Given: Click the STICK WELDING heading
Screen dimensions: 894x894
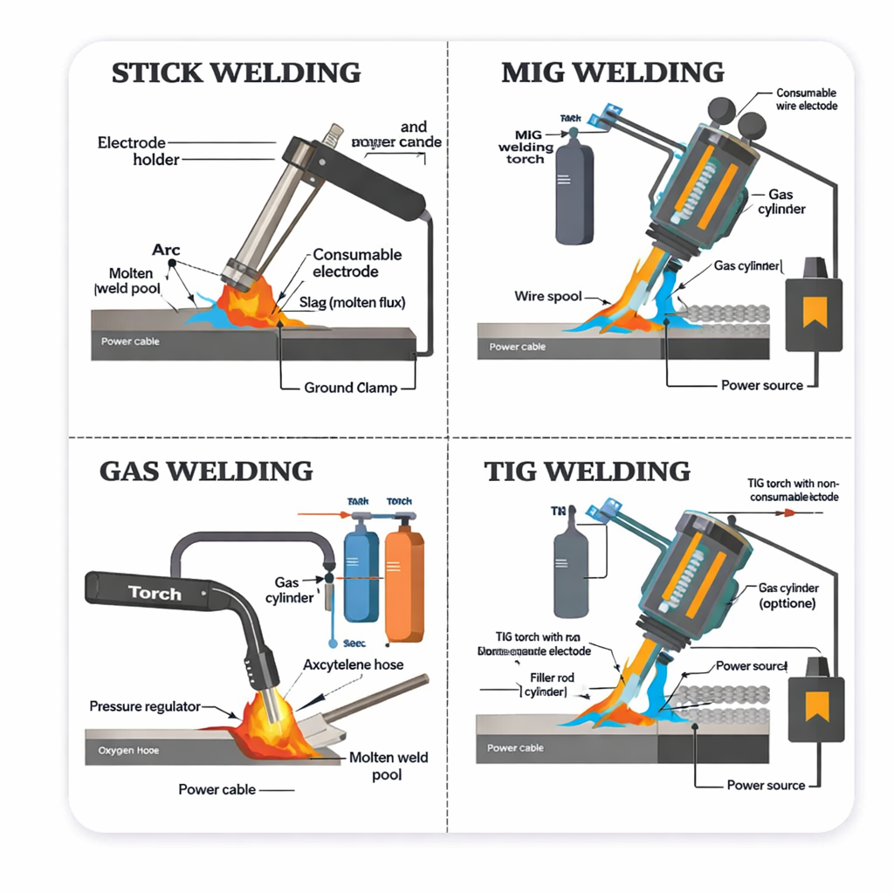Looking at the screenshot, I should [x=236, y=72].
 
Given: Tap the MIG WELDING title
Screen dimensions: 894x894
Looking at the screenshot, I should [x=612, y=72].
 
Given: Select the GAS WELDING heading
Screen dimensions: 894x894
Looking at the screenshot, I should [x=205, y=471].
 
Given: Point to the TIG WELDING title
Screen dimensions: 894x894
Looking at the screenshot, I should [x=587, y=471].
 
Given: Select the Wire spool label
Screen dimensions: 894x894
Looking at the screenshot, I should [x=547, y=297].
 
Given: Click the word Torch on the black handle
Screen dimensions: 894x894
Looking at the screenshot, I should [x=155, y=594].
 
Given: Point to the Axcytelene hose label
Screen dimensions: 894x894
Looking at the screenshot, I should [x=353, y=664].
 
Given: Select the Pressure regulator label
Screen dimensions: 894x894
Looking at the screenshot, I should [x=145, y=706].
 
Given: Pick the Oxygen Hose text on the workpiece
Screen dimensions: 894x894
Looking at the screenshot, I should [x=128, y=751].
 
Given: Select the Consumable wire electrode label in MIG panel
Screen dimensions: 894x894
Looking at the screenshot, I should [x=806, y=100].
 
